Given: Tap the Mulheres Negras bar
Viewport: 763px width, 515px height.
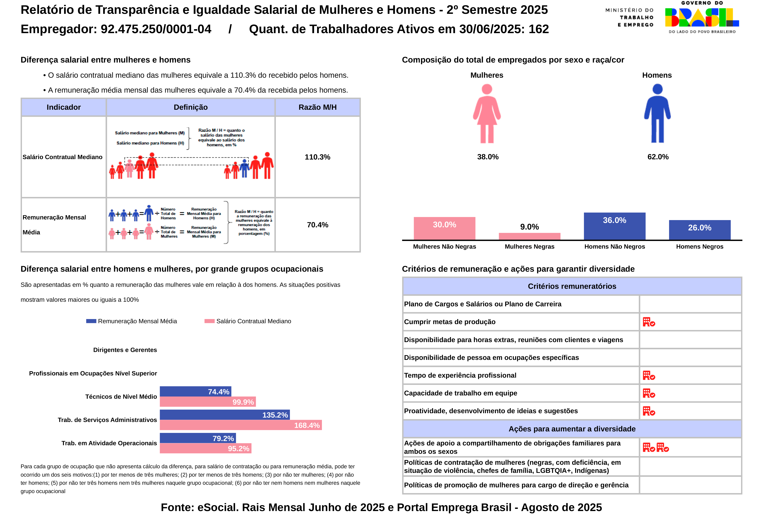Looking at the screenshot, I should pyautogui.click(x=529, y=236).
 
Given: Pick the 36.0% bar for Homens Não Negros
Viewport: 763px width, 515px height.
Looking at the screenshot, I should pyautogui.click(x=614, y=226).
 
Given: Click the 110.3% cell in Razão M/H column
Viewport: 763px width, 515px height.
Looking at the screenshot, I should pyautogui.click(x=318, y=157).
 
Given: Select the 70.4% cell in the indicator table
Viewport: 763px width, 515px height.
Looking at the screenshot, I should pyautogui.click(x=318, y=225).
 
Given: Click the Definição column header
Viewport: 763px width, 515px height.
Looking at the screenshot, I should pyautogui.click(x=190, y=107).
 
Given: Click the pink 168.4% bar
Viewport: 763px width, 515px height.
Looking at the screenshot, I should pyautogui.click(x=241, y=425).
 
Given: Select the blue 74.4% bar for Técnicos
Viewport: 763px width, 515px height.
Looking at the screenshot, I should pyautogui.click(x=195, y=392).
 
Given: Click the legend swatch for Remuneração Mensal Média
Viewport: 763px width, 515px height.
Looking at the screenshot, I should pyautogui.click(x=91, y=321).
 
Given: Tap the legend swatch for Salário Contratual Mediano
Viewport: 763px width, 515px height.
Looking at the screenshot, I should pyautogui.click(x=210, y=321).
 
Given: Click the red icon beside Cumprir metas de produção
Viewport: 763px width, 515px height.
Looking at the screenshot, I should pyautogui.click(x=648, y=322).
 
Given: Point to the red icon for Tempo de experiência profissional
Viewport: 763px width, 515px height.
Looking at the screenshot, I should pyautogui.click(x=648, y=375).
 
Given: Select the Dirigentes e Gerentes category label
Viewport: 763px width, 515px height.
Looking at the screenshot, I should pyautogui.click(x=125, y=350).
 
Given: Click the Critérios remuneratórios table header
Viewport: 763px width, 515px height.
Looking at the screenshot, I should pyautogui.click(x=572, y=286).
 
